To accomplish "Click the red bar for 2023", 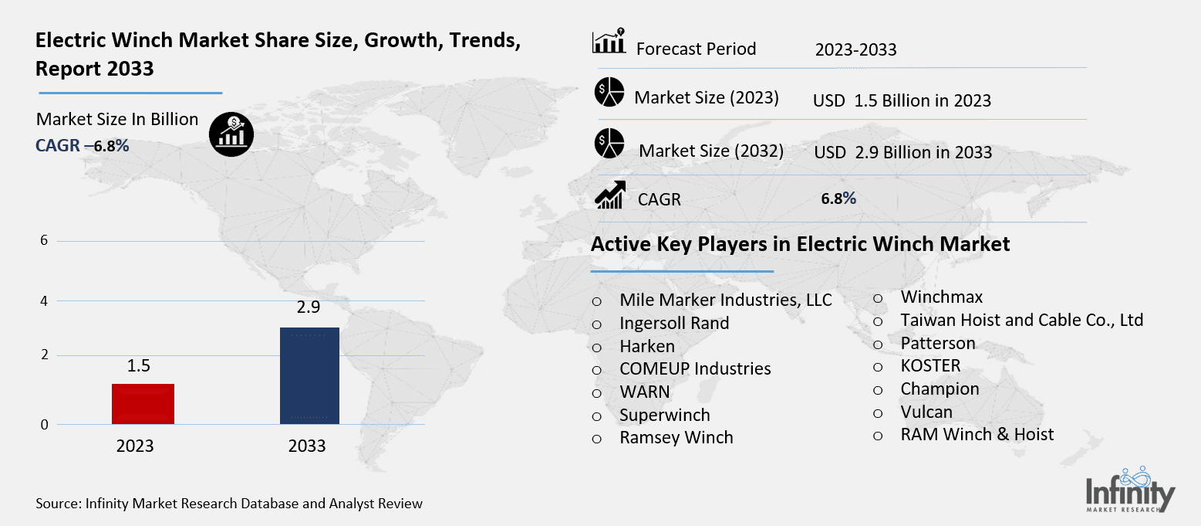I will (x=143, y=403).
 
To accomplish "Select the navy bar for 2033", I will (x=309, y=375).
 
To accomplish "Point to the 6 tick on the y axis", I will (x=44, y=240).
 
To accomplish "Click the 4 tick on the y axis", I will (x=44, y=300).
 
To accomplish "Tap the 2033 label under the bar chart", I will (x=307, y=446).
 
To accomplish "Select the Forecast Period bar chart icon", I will (x=609, y=43).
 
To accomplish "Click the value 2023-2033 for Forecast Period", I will (x=855, y=50).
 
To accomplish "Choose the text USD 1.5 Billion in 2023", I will (x=902, y=100).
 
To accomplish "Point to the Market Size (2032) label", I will (x=711, y=151).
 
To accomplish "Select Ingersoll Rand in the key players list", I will (x=674, y=323).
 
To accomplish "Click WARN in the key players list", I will (x=645, y=392).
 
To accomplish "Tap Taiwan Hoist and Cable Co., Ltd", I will (x=1021, y=320).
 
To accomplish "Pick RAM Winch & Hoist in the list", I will (x=977, y=435).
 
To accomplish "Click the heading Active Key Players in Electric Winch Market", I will (x=800, y=245).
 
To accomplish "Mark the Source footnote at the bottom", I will (x=229, y=504).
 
